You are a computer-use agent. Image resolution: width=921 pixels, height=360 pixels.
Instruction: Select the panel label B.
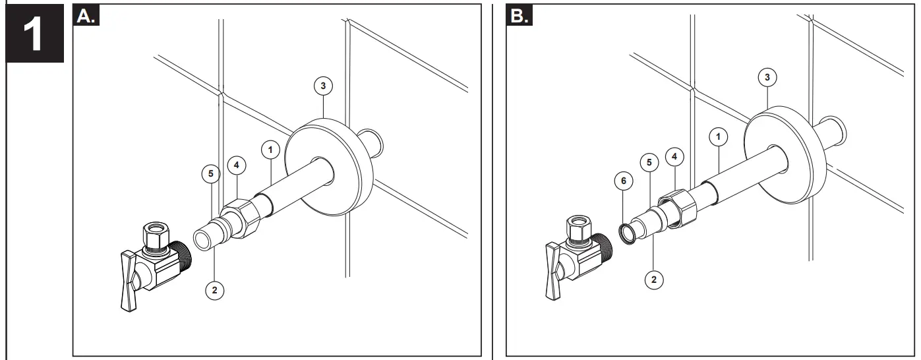pos(520,16)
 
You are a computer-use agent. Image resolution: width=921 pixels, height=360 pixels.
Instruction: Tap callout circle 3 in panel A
pos(323,85)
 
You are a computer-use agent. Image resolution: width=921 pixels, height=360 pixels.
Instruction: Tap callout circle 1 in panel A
pos(270,149)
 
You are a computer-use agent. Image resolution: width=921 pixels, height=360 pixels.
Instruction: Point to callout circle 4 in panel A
pos(237,164)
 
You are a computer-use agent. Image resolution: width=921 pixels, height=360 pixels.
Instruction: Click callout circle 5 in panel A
pos(210,174)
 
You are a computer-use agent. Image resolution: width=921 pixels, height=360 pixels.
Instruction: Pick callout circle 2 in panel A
pos(215,288)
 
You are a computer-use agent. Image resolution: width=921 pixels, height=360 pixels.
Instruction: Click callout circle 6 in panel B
pos(624,179)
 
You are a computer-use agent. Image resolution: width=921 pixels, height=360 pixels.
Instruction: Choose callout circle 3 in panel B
pos(767,78)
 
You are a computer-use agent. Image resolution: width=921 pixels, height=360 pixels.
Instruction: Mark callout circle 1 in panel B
pos(718,136)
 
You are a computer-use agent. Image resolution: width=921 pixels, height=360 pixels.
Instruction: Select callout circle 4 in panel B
pos(674,157)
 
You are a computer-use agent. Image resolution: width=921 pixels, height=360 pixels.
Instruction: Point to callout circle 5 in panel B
pos(649,162)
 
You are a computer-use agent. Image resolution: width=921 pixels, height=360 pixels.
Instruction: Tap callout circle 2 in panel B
pos(654,279)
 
